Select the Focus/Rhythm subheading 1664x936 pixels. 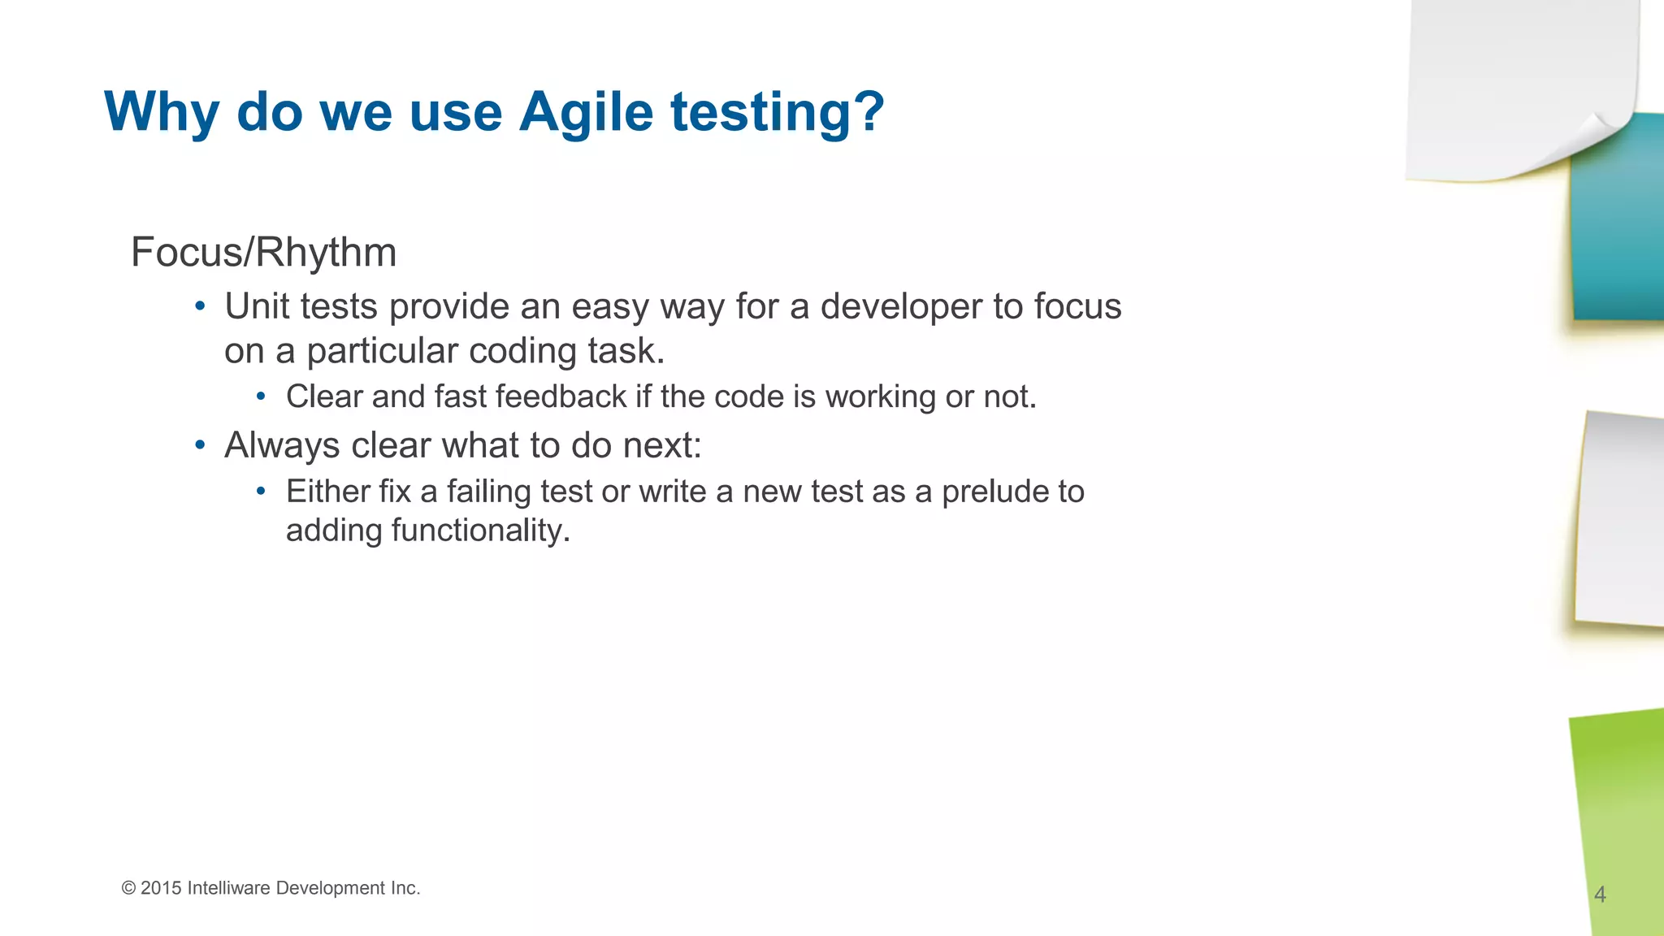(x=263, y=252)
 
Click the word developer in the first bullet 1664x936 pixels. (x=901, y=307)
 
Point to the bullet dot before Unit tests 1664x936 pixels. (x=200, y=307)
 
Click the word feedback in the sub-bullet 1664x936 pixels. (x=561, y=397)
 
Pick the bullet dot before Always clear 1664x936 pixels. (x=200, y=445)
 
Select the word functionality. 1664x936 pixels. (x=480, y=531)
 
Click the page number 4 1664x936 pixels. (x=1600, y=895)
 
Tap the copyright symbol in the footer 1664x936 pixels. (x=128, y=888)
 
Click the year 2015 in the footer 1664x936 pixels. (x=161, y=888)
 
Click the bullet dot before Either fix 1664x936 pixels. (x=261, y=492)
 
